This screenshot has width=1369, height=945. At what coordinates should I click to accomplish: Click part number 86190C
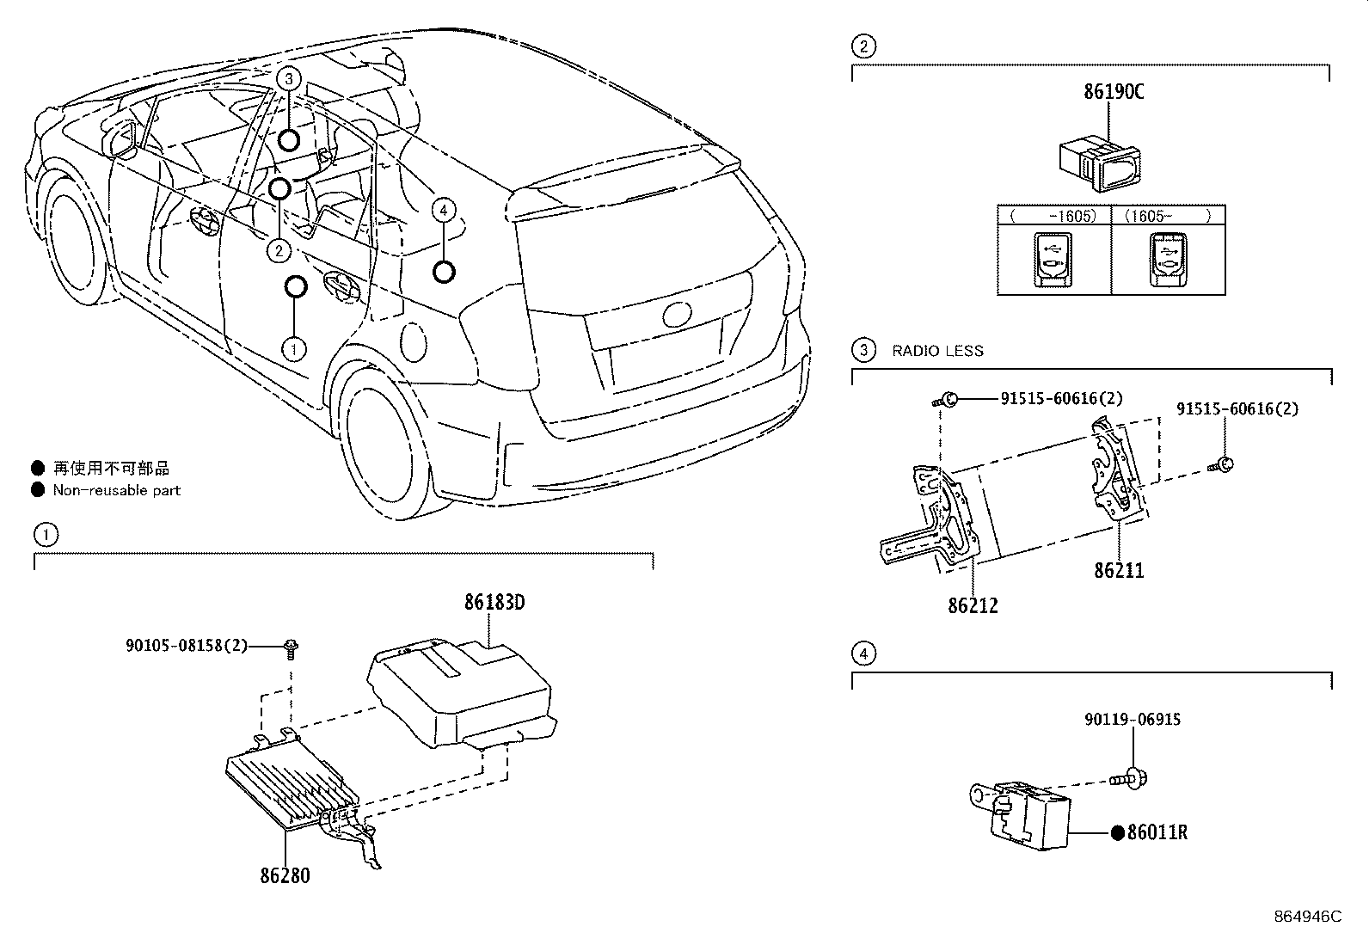[1114, 92]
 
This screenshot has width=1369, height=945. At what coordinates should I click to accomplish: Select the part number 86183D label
[494, 603]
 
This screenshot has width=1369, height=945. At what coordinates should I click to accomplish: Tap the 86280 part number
[285, 876]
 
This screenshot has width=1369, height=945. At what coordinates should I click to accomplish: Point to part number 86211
[1119, 570]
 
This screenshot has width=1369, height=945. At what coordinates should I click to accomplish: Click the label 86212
[973, 605]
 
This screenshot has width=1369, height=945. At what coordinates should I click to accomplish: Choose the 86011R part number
[1157, 832]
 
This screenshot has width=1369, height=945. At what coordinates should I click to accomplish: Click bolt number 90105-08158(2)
[187, 646]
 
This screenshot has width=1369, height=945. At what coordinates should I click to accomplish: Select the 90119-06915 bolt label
[1133, 720]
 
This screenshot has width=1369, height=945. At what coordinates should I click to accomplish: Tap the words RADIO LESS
[937, 351]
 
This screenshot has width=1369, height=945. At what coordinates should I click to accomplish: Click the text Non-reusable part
[117, 490]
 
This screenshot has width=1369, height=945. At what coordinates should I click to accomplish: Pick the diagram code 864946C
[1308, 917]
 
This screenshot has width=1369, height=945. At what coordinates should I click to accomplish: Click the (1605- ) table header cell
[1168, 216]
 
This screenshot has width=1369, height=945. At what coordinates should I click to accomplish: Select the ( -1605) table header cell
[1054, 216]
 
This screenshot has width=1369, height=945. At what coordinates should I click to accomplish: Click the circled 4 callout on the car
[443, 211]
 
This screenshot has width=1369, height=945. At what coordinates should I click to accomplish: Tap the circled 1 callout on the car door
[294, 349]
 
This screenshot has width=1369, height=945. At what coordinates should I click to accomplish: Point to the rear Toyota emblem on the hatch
[677, 314]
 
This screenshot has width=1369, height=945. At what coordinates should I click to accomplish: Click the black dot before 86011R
[1117, 832]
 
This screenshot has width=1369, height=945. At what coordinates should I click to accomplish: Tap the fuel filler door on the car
[413, 342]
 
